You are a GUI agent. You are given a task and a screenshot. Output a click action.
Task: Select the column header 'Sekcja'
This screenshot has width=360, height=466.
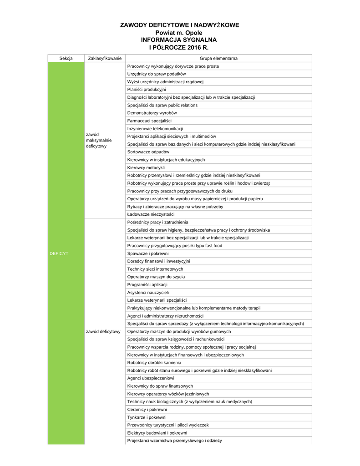[x=66, y=58]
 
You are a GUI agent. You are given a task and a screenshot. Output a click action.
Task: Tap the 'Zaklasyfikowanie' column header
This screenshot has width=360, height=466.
[x=105, y=58]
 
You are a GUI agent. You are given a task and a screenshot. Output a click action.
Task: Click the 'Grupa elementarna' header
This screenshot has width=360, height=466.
[x=218, y=58]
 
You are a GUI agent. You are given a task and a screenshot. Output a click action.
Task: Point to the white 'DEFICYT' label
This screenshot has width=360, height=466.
[x=59, y=253]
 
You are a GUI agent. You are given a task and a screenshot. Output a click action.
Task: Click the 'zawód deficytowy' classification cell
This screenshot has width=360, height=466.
[x=103, y=331]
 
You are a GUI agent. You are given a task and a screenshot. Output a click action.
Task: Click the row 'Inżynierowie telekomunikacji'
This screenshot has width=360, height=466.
[x=155, y=129]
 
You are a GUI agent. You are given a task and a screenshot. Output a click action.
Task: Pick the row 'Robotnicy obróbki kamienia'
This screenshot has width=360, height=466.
[x=154, y=363]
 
